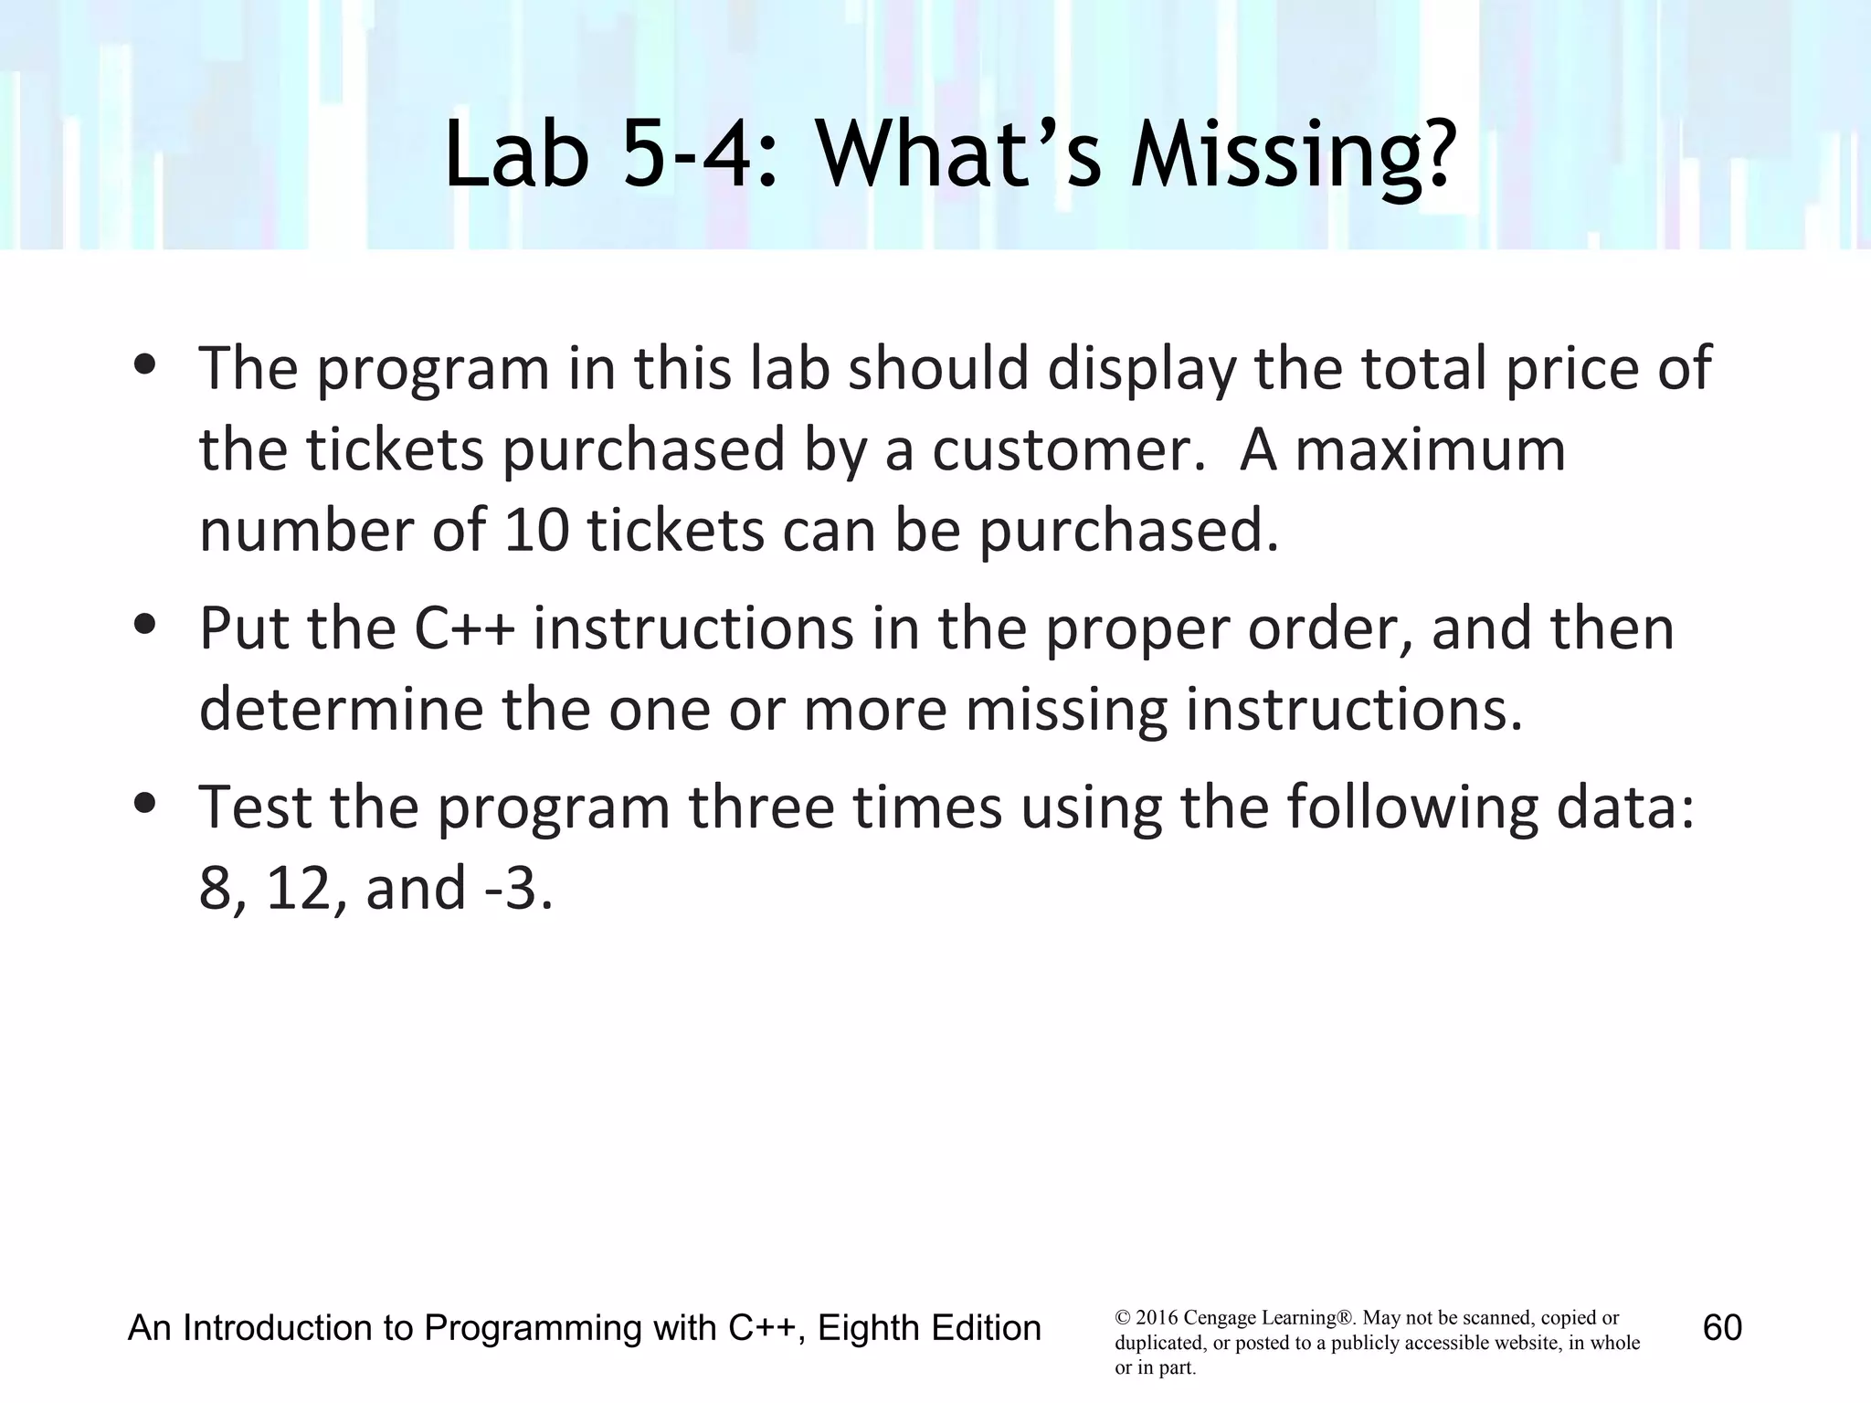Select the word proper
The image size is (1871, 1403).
point(1136,630)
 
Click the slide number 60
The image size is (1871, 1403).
point(1722,1327)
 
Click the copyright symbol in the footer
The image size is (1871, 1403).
point(1122,1318)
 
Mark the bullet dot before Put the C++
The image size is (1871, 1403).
point(143,626)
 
